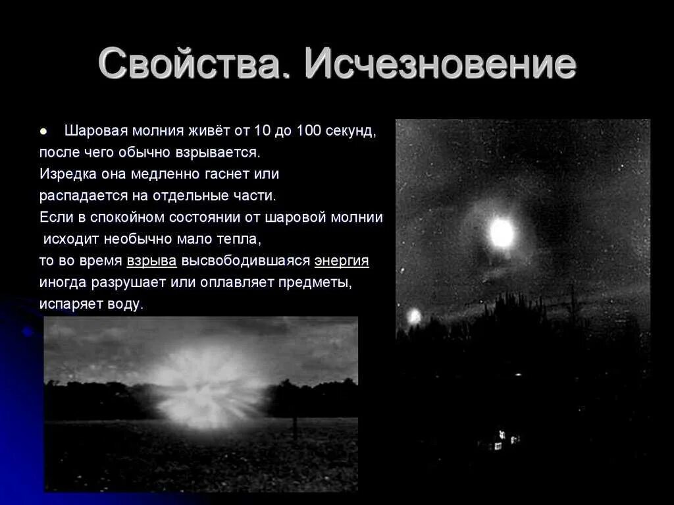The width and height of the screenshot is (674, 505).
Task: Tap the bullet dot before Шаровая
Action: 43,131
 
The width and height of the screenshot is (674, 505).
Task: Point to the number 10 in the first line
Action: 262,130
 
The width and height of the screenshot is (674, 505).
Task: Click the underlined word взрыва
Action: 151,261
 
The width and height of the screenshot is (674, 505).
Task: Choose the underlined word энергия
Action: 342,261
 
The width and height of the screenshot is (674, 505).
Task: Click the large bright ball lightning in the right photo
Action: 502,232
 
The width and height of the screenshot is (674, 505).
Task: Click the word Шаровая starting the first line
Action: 97,130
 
